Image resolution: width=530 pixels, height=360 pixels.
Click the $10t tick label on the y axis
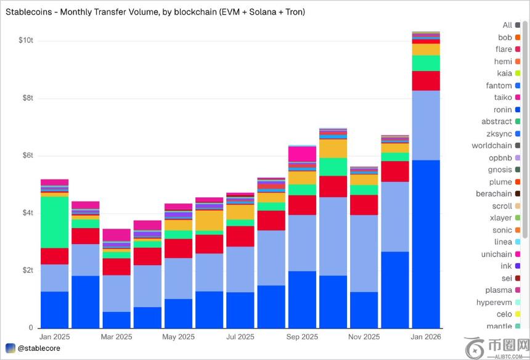coord(26,41)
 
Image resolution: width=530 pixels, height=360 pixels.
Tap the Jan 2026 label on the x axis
coord(426,337)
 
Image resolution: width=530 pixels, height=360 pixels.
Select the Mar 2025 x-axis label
coord(116,337)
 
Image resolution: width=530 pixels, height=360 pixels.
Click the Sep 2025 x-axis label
coord(302,337)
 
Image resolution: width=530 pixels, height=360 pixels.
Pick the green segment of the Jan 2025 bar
coord(54,222)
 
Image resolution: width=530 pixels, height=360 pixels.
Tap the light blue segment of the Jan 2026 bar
coord(426,125)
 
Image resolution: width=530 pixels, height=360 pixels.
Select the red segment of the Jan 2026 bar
coord(426,81)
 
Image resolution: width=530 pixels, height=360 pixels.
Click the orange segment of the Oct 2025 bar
coord(333,149)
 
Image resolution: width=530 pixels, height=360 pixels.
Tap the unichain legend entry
coord(496,254)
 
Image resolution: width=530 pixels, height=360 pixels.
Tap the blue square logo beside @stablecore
coord(10,348)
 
